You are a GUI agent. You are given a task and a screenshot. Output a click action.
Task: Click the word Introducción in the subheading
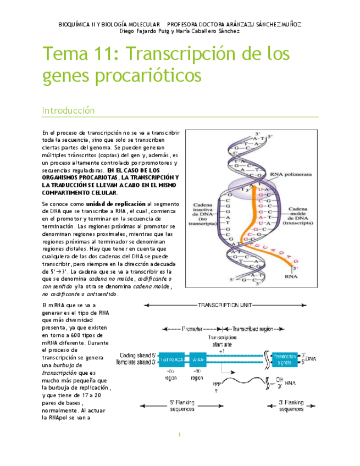[69, 110]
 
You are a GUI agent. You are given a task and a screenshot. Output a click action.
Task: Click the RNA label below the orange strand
[292, 278]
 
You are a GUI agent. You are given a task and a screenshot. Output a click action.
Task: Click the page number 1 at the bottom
[179, 436]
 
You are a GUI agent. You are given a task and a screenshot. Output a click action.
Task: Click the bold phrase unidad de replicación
[116, 203]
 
